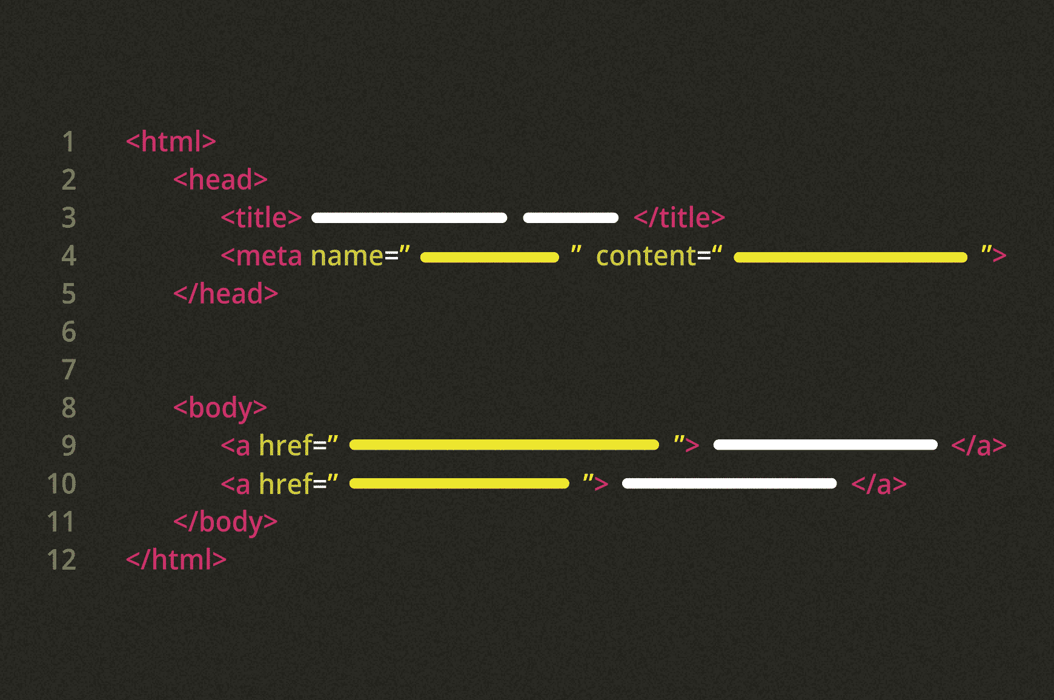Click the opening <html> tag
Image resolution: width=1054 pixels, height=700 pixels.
pyautogui.click(x=171, y=142)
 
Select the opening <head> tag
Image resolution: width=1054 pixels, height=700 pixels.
pyautogui.click(x=220, y=180)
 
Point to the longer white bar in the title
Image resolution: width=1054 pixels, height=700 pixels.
pyautogui.click(x=409, y=218)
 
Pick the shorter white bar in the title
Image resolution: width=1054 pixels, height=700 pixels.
pyautogui.click(x=571, y=218)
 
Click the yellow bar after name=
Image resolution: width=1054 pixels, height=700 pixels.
pyautogui.click(x=489, y=258)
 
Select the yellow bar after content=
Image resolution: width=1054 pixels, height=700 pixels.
pyautogui.click(x=850, y=258)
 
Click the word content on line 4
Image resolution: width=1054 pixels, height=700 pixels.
pyautogui.click(x=646, y=256)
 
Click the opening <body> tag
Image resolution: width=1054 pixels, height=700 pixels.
pyautogui.click(x=220, y=408)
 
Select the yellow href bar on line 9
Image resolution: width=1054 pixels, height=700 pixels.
pyautogui.click(x=504, y=445)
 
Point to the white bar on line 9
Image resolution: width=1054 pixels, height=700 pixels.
pyautogui.click(x=825, y=445)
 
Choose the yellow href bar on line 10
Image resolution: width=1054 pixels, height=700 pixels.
pyautogui.click(x=459, y=484)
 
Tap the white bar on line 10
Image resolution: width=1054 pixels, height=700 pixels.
pyautogui.click(x=729, y=484)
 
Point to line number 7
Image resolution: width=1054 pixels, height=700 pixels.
pyautogui.click(x=69, y=370)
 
